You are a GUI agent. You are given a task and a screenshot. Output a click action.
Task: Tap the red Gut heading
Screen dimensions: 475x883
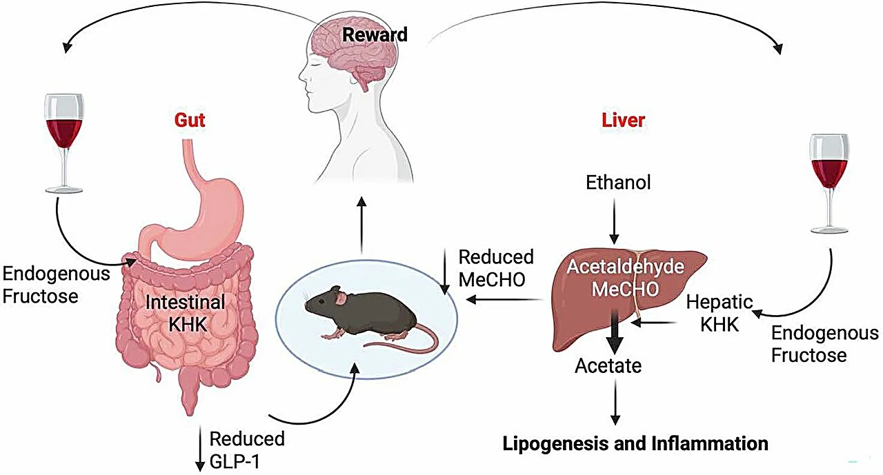(190, 120)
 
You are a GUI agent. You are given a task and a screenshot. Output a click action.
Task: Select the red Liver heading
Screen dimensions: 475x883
(622, 120)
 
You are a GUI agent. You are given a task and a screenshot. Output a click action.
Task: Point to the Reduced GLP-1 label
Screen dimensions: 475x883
(246, 449)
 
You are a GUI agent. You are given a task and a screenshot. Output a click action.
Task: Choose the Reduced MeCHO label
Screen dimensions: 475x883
(496, 268)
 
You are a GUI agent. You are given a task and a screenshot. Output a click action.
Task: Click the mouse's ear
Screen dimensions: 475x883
(340, 298)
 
